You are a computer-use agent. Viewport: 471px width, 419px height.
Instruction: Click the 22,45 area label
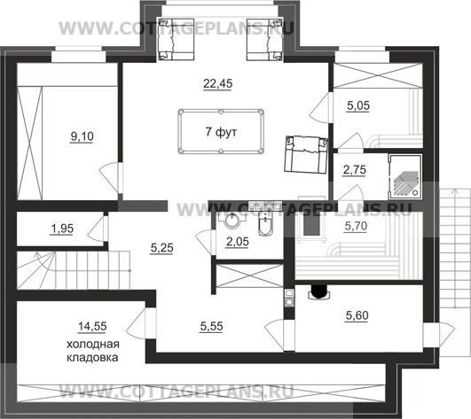218,83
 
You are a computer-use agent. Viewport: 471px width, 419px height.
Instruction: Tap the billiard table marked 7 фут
221,132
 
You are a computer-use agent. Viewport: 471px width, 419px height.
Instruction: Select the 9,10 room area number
82,136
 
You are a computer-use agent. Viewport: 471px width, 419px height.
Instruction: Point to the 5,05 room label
358,105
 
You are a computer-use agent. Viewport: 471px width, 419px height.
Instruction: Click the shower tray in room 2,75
405,177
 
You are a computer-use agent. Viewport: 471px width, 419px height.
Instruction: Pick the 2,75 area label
355,170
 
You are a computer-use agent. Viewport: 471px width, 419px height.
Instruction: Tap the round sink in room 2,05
232,221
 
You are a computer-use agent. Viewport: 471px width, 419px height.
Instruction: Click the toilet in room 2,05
265,224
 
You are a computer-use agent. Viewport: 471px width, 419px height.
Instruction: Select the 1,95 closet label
62,229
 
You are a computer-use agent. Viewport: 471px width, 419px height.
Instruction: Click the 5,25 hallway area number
161,248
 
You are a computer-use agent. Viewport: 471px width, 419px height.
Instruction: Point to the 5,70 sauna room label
356,226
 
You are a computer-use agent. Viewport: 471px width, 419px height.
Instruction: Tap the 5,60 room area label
357,315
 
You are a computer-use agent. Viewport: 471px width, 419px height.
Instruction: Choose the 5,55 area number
211,326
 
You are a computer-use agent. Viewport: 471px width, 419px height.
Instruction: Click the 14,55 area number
92,326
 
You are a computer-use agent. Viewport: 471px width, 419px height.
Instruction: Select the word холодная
93,344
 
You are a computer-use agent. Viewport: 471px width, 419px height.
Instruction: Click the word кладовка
92,358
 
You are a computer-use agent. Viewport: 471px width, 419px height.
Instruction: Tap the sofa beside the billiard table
306,154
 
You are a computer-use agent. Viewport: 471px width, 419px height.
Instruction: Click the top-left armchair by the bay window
177,39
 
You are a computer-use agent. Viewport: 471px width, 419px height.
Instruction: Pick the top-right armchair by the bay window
264,39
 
